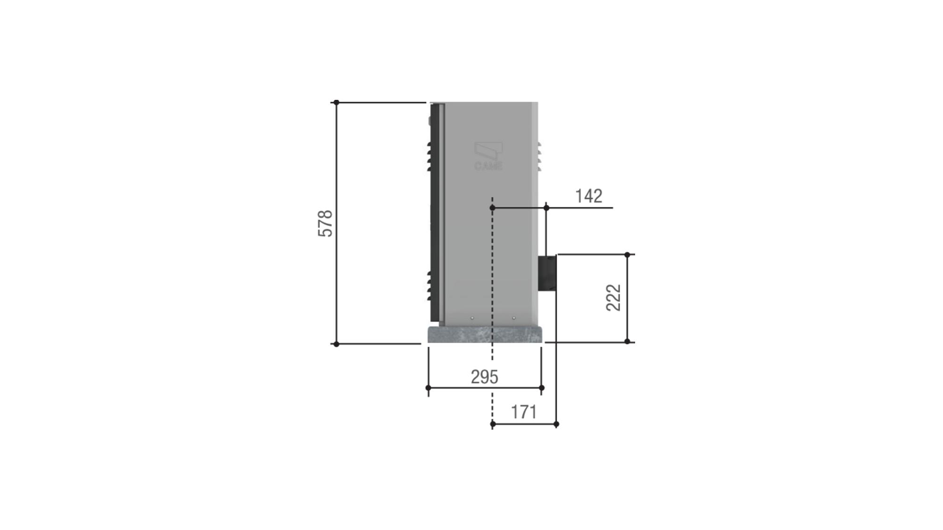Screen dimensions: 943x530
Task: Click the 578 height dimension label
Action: pyautogui.click(x=325, y=223)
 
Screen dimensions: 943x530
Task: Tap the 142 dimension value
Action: pyautogui.click(x=589, y=196)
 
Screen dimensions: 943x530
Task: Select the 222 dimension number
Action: pyautogui.click(x=613, y=298)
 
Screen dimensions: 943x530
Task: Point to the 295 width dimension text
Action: pyautogui.click(x=484, y=377)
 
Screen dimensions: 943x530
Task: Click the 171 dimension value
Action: pyautogui.click(x=524, y=412)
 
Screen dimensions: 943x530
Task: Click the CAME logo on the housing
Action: pyautogui.click(x=488, y=156)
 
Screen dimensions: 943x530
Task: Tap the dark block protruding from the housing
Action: pyautogui.click(x=547, y=273)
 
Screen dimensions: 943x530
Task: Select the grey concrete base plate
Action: pyautogui.click(x=485, y=334)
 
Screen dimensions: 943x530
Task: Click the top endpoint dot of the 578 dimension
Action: pyautogui.click(x=336, y=102)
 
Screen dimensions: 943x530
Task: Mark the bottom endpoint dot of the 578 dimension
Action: pyautogui.click(x=336, y=344)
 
